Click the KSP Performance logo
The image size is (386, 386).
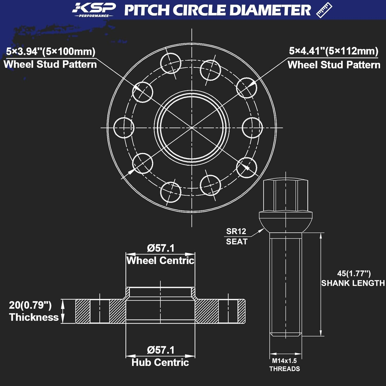[x=94, y=10]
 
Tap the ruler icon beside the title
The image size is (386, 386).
[x=324, y=10]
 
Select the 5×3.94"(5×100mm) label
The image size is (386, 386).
[x=51, y=51]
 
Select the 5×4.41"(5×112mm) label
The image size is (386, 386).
[x=334, y=51]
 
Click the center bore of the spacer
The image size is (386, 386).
[x=192, y=127]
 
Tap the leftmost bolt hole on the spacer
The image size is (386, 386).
[x=124, y=128]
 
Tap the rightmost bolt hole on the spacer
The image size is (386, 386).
[x=252, y=128]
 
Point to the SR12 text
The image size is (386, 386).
[x=236, y=231]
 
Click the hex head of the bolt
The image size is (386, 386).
[x=286, y=196]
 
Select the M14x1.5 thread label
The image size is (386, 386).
[x=284, y=361]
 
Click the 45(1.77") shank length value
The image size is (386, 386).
[x=354, y=273]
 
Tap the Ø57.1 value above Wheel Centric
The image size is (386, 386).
[x=161, y=248]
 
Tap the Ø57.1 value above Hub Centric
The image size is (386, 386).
[x=161, y=350]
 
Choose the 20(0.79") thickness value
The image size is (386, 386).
[x=30, y=305]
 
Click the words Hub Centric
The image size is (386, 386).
[x=160, y=363]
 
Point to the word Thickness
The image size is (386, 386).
[x=34, y=317]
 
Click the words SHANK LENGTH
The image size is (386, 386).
[x=353, y=283]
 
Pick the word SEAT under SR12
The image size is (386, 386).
[x=236, y=242]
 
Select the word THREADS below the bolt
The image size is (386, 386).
[x=285, y=369]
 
